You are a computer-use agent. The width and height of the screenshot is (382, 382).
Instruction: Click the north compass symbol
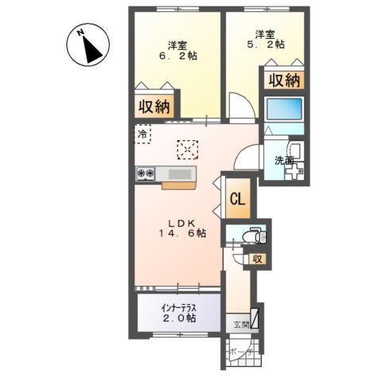pyautogui.click(x=88, y=47)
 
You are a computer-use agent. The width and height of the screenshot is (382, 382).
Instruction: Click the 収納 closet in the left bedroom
pyautogui.click(x=156, y=106)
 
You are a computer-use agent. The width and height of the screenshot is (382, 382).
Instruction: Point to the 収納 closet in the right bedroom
pyautogui.click(x=282, y=80)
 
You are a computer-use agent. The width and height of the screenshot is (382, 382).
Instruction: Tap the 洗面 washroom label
pyautogui.click(x=284, y=161)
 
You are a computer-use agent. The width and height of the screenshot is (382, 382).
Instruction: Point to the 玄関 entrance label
pyautogui.click(x=240, y=324)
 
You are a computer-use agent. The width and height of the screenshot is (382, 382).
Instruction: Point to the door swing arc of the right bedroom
pyautogui.click(x=239, y=107)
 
